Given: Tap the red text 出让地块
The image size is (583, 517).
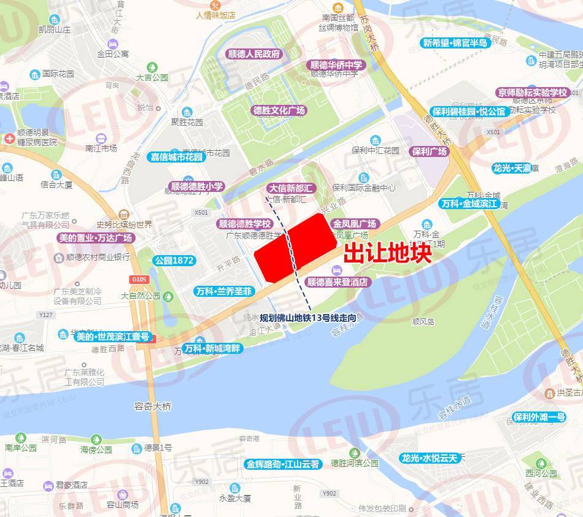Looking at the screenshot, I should click(387, 253).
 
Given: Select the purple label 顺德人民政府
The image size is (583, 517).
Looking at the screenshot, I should click(254, 54).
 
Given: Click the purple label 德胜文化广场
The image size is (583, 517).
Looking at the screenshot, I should click(279, 111).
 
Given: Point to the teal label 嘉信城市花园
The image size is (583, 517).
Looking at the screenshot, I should click(177, 157).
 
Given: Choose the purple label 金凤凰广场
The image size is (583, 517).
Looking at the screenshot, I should click(355, 224).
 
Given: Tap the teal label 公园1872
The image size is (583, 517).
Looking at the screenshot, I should click(174, 261).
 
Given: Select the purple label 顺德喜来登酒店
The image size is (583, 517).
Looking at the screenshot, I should click(338, 283).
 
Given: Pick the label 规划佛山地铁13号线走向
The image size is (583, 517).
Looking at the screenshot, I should click(307, 318).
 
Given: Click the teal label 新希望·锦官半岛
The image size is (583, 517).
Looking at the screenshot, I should click(455, 43).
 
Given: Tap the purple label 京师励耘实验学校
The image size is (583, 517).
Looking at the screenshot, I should click(533, 93).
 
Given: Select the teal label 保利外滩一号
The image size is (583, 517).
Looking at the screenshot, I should click(539, 417).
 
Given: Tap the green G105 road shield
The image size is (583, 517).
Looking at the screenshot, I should click(140, 280).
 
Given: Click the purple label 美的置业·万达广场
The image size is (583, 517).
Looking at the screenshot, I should click(95, 238).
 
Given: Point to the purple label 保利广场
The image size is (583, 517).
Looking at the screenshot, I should click(430, 151).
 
